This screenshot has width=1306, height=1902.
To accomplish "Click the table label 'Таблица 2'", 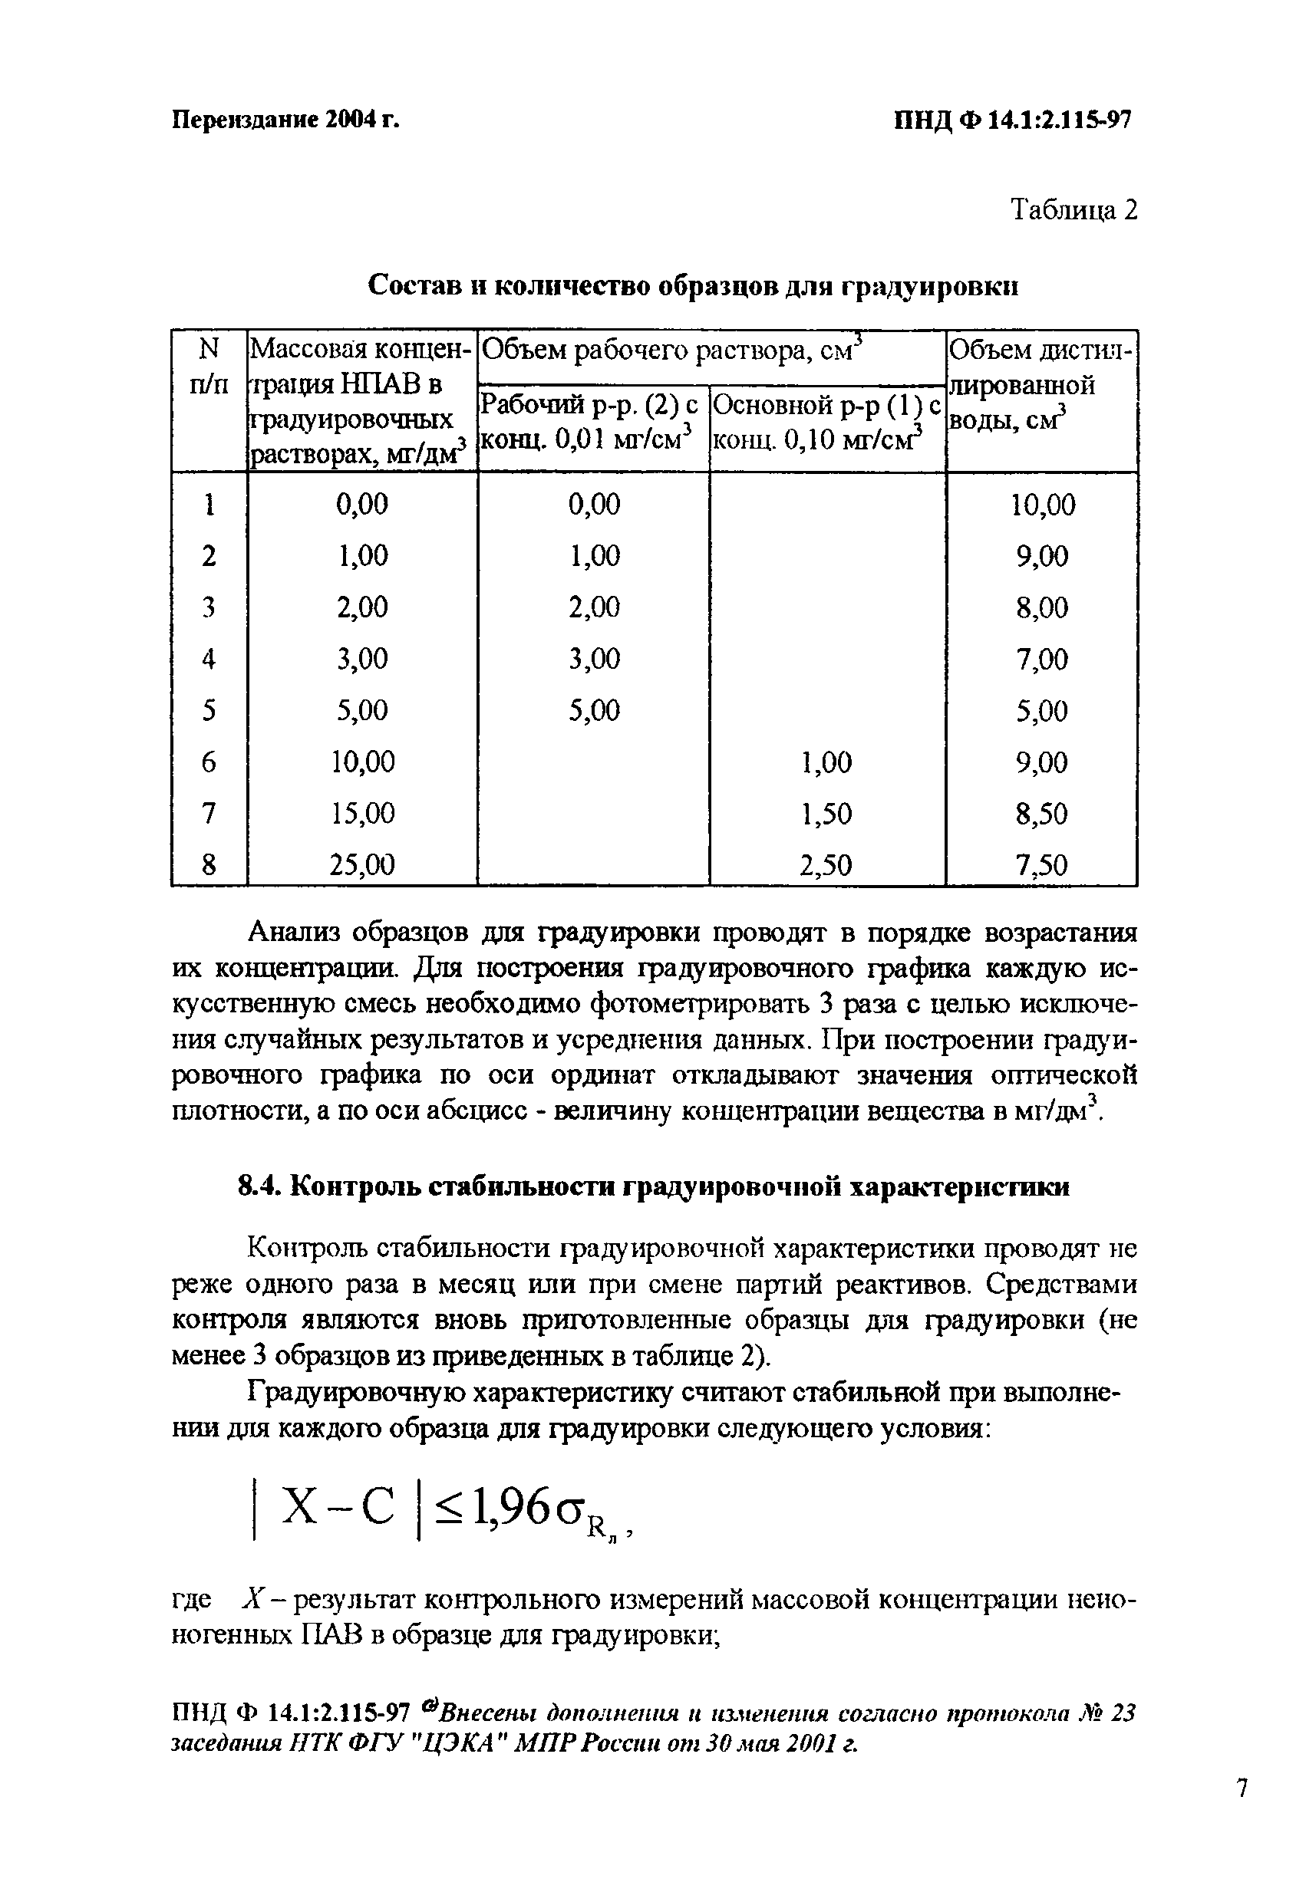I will click(1073, 210).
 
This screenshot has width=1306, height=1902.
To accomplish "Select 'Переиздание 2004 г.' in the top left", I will click(285, 120).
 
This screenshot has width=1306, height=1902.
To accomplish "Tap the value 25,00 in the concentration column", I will click(362, 864).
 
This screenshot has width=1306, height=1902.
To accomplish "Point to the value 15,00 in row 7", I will click(362, 813).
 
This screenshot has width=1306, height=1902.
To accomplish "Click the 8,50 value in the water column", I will click(1042, 814).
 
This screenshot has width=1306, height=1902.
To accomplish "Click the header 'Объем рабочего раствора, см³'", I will click(671, 352).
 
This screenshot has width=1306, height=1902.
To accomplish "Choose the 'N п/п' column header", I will click(209, 367).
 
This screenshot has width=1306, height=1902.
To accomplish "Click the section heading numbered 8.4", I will click(652, 1186).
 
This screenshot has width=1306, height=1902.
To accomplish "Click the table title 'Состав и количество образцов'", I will click(693, 285).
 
